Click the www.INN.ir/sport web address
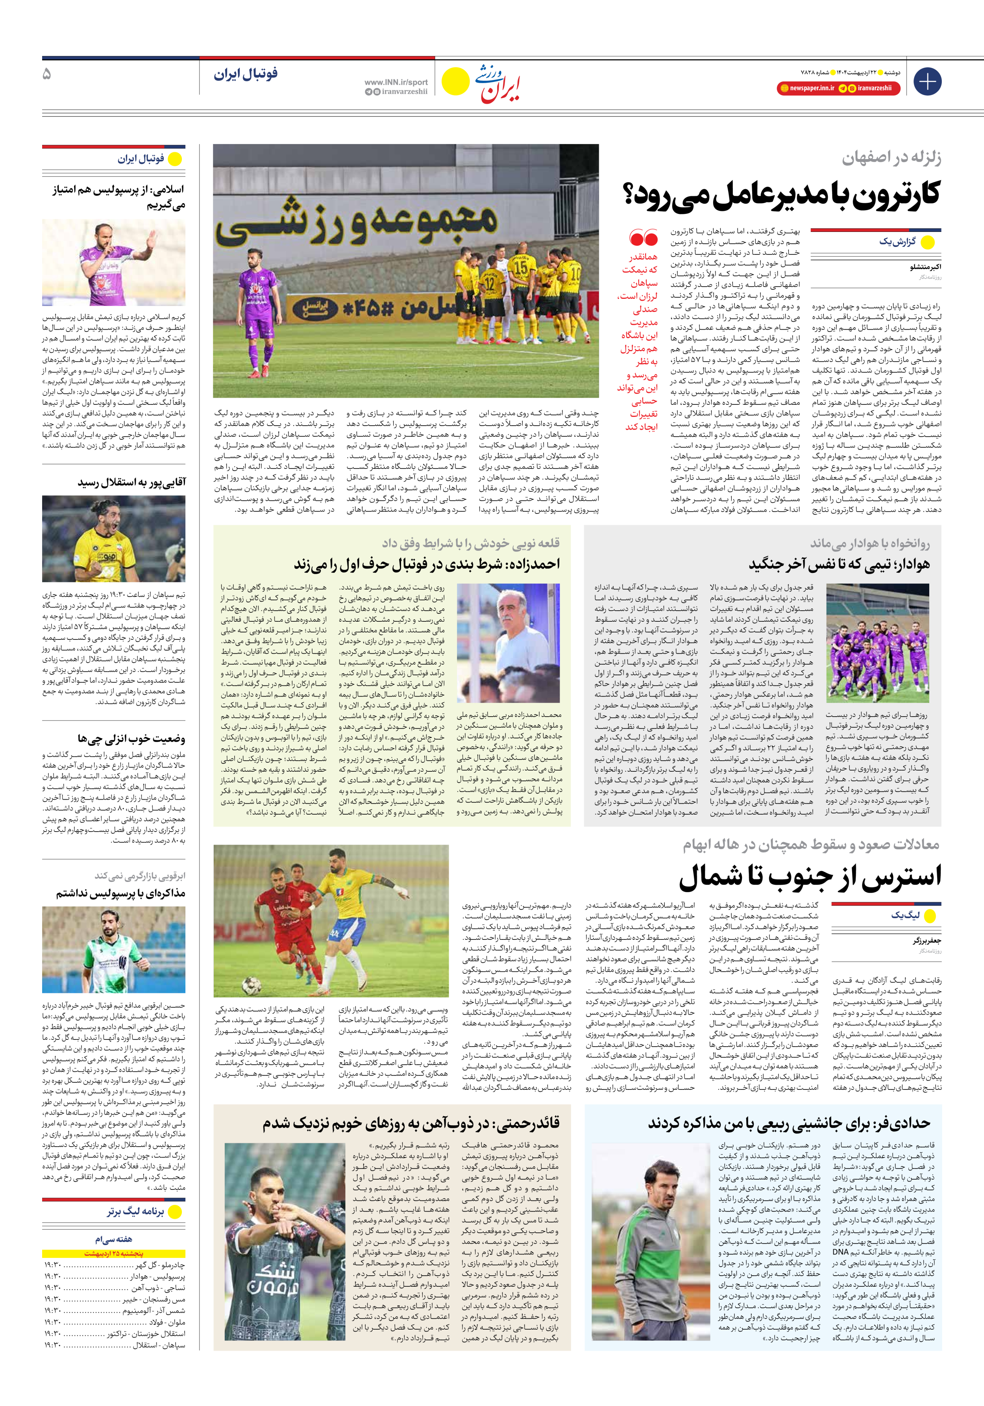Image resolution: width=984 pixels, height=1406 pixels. tap(396, 82)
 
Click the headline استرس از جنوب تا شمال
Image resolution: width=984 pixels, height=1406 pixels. tap(810, 877)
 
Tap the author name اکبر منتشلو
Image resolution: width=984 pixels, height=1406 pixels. tap(925, 267)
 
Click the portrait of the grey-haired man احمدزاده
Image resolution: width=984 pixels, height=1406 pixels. tap(508, 643)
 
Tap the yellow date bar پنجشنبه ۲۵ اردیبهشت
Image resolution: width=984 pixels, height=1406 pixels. tap(114, 1254)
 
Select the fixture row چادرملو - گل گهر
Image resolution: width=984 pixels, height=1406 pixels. tap(114, 1265)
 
